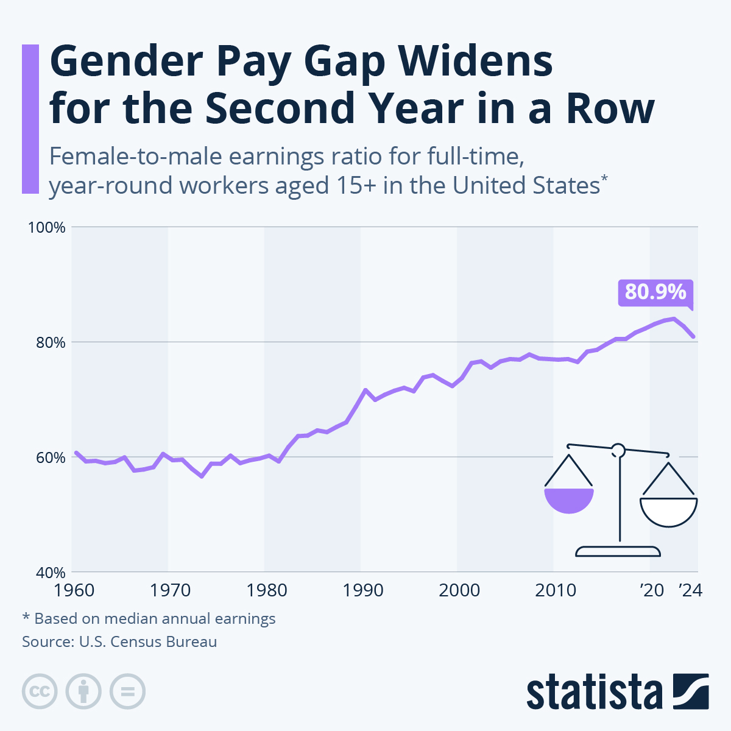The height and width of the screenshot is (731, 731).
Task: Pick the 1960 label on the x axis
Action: click(74, 590)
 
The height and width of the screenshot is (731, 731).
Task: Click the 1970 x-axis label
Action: click(170, 590)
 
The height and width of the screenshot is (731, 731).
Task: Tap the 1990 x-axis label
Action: click(363, 590)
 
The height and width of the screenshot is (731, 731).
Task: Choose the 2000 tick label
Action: click(459, 590)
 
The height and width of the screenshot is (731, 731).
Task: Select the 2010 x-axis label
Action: click(556, 590)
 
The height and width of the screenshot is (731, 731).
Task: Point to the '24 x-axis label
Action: click(690, 590)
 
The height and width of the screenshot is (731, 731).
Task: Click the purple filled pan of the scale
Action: click(569, 500)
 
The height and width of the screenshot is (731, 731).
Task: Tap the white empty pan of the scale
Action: click(668, 512)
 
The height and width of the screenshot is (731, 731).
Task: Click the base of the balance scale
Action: click(618, 552)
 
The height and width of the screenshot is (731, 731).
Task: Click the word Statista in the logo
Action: click(595, 693)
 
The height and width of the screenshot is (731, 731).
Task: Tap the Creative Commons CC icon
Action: click(40, 692)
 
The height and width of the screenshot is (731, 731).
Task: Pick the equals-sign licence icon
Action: click(127, 692)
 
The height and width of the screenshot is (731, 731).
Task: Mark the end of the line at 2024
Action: click(694, 336)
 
